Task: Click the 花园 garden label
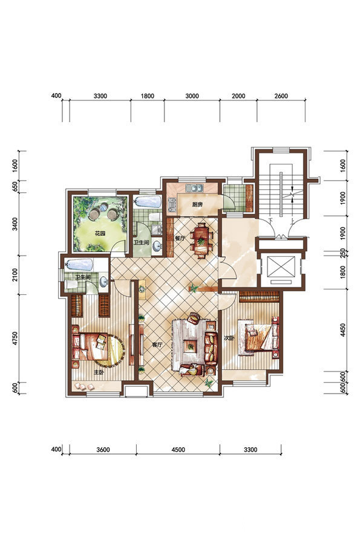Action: (100, 233)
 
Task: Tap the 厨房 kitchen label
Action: (197, 204)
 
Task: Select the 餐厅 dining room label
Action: (180, 239)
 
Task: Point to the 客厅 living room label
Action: (157, 345)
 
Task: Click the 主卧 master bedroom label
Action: (99, 372)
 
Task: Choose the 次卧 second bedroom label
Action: (228, 337)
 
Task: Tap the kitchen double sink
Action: (194, 188)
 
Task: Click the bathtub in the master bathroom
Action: (79, 265)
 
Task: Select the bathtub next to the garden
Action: (148, 202)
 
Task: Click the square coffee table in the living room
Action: (191, 346)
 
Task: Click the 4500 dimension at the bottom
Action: (178, 450)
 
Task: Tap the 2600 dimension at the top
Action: (281, 96)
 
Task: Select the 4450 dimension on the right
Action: (343, 331)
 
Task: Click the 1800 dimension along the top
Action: (147, 96)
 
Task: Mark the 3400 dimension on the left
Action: (15, 224)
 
